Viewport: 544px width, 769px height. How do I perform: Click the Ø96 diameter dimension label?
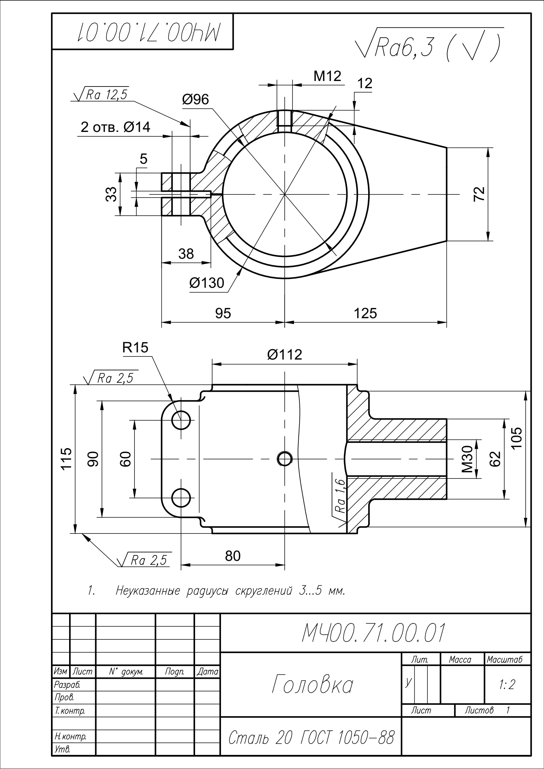click(195, 99)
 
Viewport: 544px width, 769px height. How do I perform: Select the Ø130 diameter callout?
click(207, 283)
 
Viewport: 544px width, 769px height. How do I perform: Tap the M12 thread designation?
click(327, 76)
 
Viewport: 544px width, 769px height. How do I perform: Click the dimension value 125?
click(365, 313)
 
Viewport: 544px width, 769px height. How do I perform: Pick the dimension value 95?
click(223, 313)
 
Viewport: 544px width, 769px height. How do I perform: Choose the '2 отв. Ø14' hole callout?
click(115, 127)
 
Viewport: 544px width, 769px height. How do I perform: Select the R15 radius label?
click(135, 348)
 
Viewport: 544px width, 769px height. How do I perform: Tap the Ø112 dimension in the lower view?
click(285, 355)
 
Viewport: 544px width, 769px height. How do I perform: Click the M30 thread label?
click(467, 459)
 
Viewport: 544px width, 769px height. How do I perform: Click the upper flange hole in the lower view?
click(181, 420)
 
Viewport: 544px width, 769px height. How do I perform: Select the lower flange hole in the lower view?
click(181, 498)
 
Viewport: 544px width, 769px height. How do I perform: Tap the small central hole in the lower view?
click(285, 459)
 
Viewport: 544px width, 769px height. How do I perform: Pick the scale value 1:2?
click(507, 685)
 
